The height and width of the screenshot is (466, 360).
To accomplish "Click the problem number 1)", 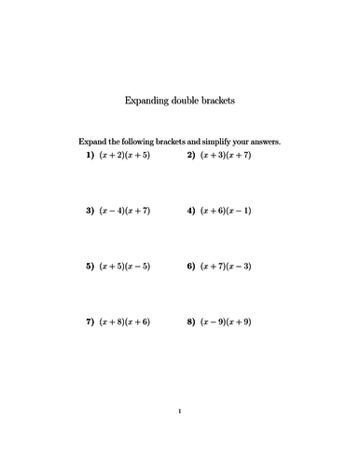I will (90, 155).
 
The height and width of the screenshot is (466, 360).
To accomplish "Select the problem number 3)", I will (90, 211).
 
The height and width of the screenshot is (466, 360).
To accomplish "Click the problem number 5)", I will (90, 266).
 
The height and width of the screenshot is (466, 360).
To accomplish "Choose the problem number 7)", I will (90, 322).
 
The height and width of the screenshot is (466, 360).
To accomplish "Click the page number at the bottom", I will (180, 411).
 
